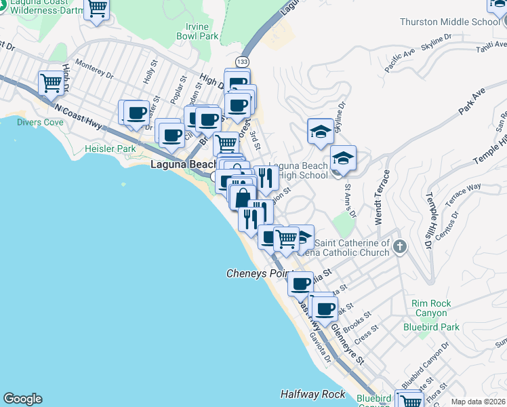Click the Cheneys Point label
(x=258, y=273)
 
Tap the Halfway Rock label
(x=313, y=394)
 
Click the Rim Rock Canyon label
(x=430, y=308)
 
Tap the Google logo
(x=22, y=399)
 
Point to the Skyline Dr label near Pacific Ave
(x=432, y=42)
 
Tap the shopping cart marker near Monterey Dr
(x=51, y=83)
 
